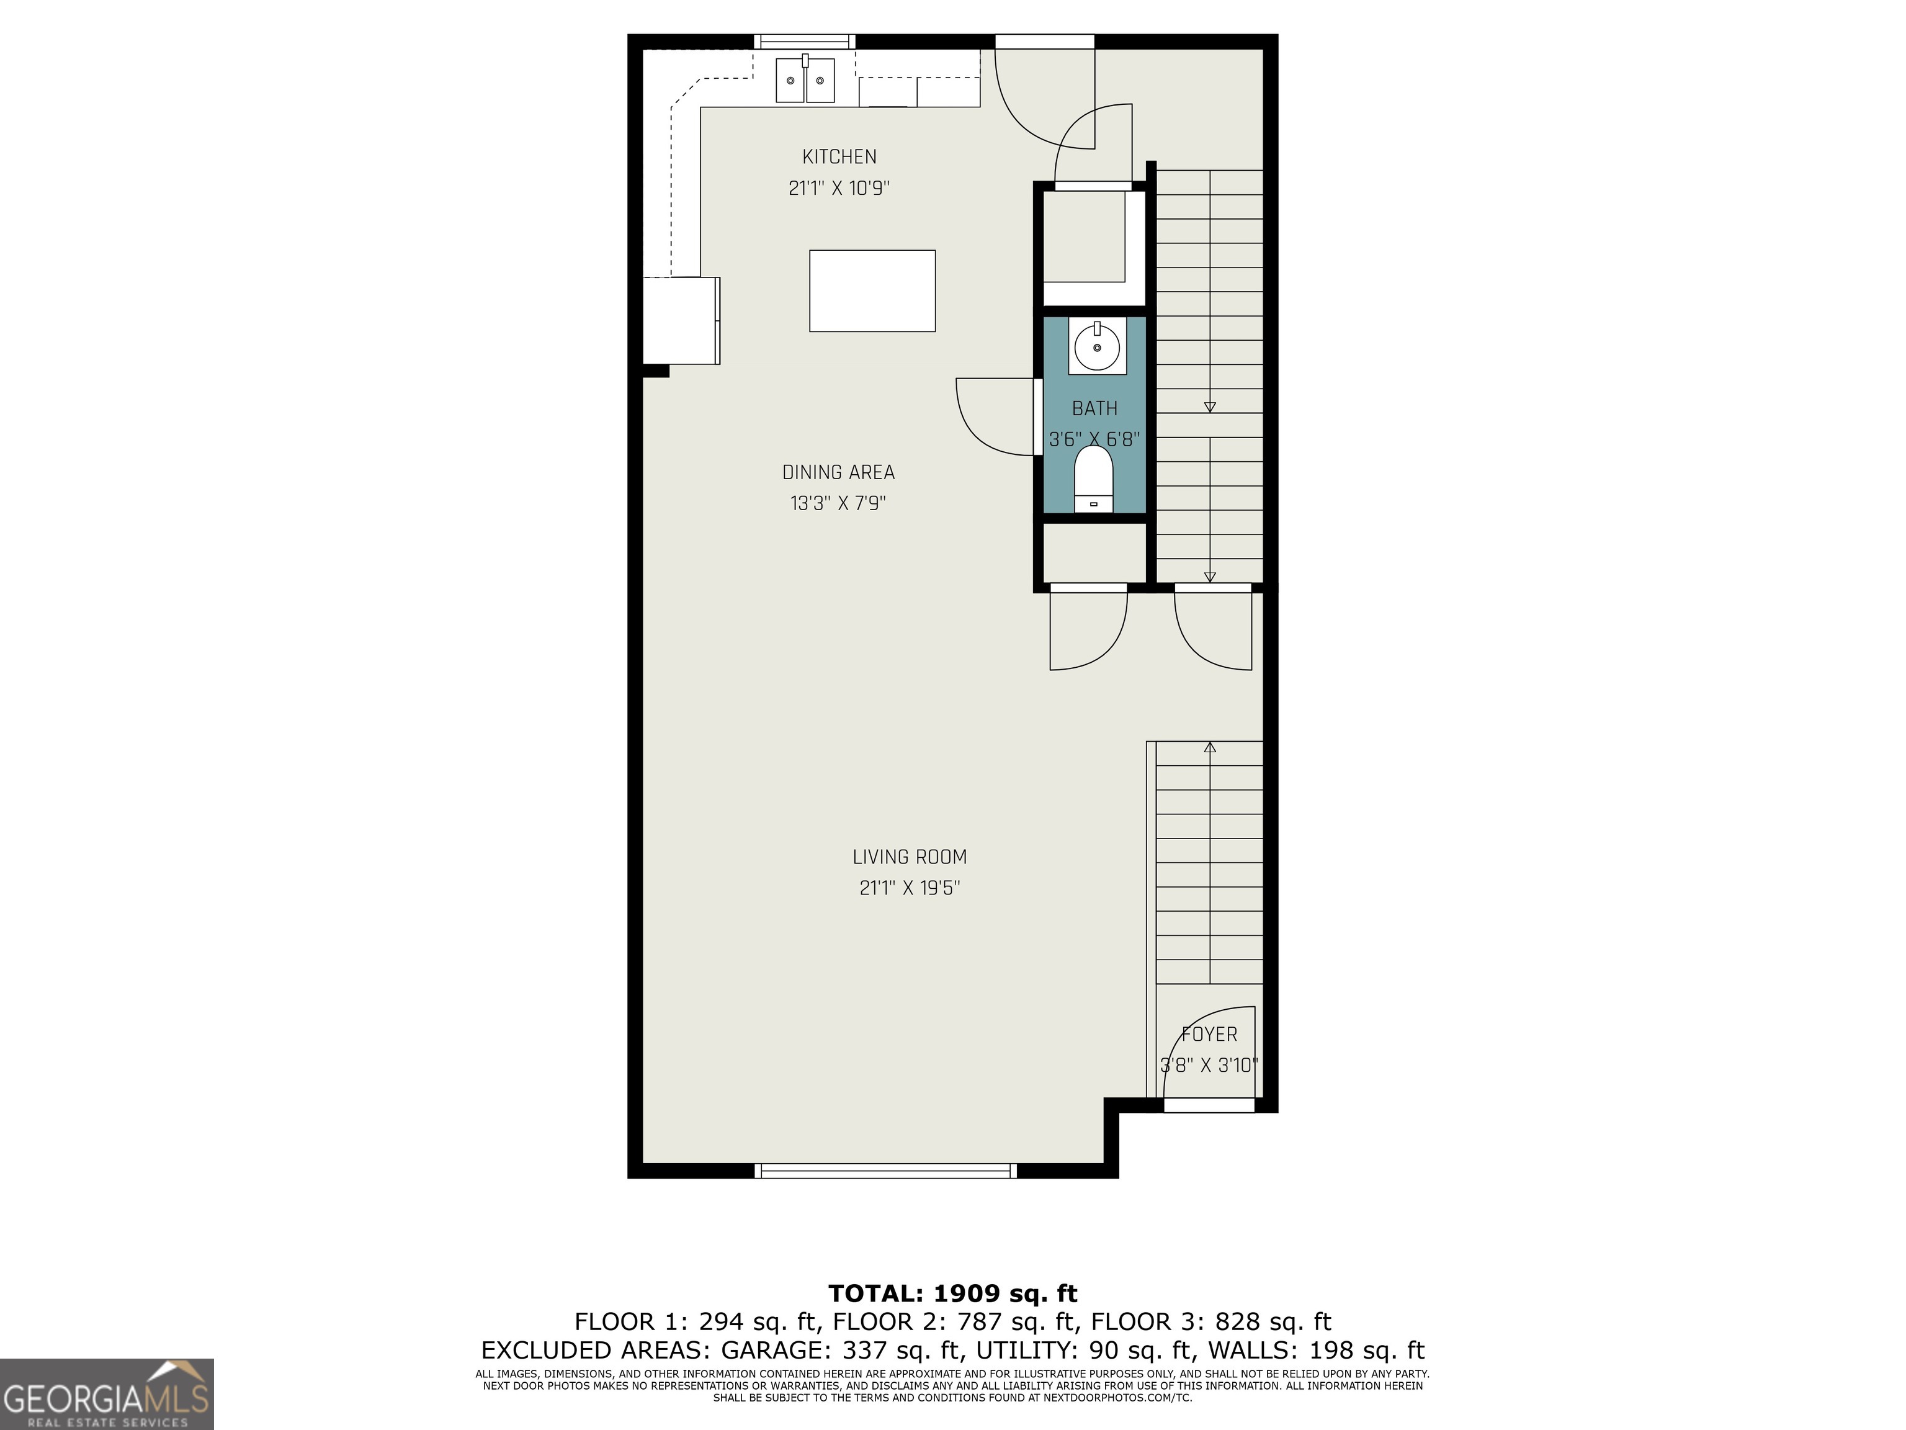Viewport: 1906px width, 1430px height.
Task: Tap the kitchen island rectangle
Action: click(x=872, y=290)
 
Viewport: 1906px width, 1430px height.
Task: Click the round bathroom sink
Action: click(x=1097, y=346)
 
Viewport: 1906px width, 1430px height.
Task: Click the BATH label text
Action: click(x=1094, y=408)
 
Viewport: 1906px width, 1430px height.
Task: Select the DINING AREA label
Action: click(x=838, y=472)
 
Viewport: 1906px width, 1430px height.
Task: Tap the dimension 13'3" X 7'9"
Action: click(x=838, y=503)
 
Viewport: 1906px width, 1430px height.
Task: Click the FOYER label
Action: click(x=1209, y=1035)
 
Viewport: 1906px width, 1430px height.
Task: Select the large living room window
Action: click(x=885, y=1171)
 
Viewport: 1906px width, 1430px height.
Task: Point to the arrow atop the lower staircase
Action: click(x=1210, y=747)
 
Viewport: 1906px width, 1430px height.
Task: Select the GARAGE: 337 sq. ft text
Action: click(x=840, y=1350)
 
